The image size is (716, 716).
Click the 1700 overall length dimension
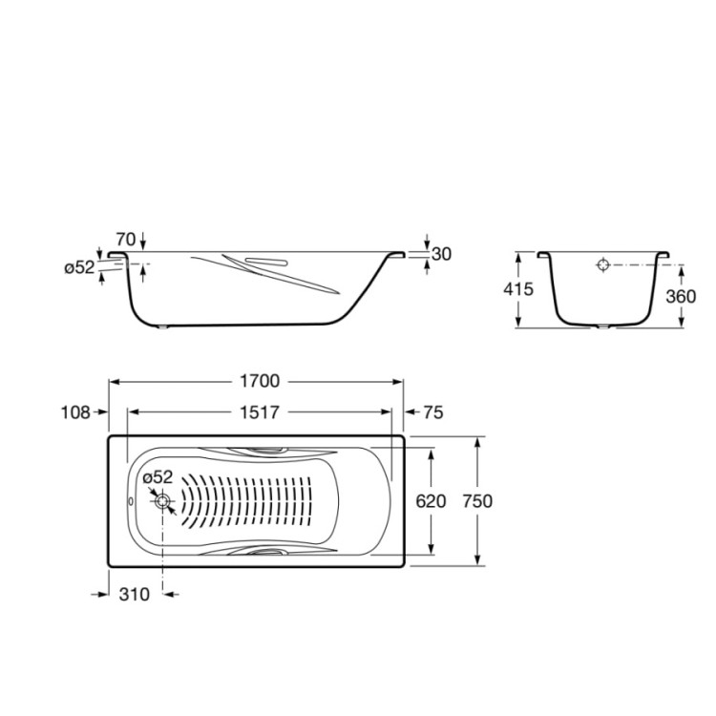click(260, 381)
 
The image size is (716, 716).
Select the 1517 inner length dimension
click(260, 412)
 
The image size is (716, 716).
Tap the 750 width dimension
click(477, 501)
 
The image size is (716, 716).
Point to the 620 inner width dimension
click(431, 501)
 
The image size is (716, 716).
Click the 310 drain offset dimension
click(135, 594)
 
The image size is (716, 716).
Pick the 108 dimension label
click(75, 412)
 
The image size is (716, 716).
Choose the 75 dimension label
click(433, 412)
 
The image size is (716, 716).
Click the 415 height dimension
click(518, 289)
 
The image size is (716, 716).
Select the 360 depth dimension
click(681, 296)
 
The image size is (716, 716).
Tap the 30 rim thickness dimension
click(441, 254)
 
